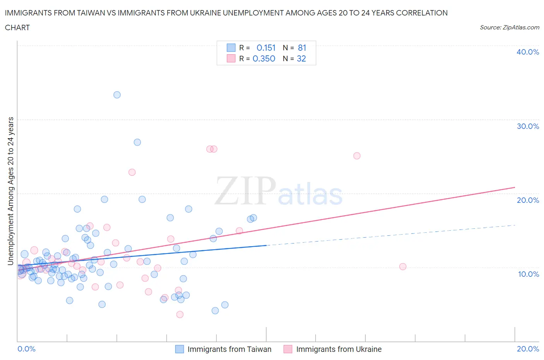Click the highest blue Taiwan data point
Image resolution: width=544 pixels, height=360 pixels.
(117, 95)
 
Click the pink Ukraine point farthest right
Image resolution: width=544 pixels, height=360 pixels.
(403, 267)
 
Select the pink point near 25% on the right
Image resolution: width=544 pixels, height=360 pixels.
(357, 156)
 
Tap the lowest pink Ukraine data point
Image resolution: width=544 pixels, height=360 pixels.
(180, 315)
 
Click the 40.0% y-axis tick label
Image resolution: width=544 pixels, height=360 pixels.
(528, 52)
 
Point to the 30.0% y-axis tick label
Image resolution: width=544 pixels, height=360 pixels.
(528, 126)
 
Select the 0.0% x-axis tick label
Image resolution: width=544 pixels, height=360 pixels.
(27, 349)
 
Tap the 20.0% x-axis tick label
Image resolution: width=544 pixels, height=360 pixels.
(528, 349)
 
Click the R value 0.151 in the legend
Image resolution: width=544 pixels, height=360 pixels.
(266, 48)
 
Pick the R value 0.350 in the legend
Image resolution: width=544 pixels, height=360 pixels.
(264, 58)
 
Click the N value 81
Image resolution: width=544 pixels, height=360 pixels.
(302, 48)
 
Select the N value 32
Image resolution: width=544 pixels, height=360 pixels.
(301, 58)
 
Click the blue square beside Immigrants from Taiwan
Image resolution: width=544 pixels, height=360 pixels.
(180, 349)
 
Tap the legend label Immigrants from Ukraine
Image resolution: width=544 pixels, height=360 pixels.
(339, 349)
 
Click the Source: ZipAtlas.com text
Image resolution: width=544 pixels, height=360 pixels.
(510, 27)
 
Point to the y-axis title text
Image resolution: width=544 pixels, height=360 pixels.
(10, 191)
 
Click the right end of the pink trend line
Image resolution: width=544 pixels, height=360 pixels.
(515, 187)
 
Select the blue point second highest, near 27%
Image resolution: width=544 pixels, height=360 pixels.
(137, 142)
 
